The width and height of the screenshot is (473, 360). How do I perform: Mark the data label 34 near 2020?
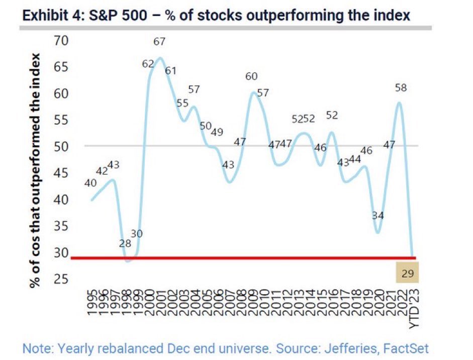tap(377, 215)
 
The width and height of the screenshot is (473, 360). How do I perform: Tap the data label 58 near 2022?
tap(400, 87)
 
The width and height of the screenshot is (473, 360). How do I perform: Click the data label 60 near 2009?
tap(251, 76)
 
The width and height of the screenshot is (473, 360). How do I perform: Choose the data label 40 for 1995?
tap(90, 184)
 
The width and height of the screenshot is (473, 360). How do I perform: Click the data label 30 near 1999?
tap(137, 234)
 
